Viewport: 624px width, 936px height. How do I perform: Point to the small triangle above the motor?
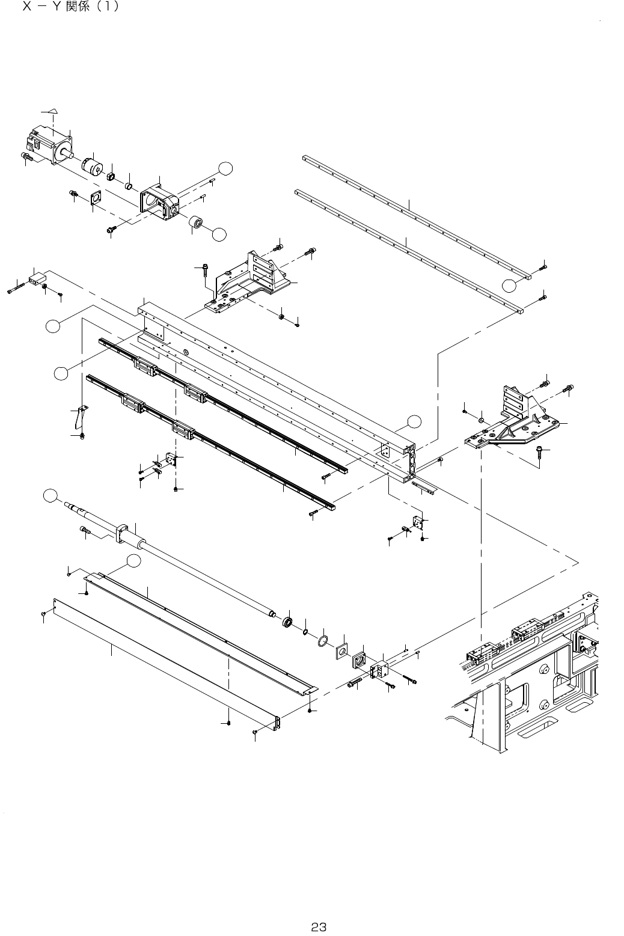(x=53, y=111)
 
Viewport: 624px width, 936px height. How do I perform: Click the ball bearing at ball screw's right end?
(x=288, y=621)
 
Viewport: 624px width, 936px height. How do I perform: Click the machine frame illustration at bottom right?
(x=529, y=673)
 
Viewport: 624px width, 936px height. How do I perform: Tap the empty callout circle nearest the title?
(x=225, y=170)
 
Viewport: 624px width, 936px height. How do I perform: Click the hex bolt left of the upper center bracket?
(x=204, y=272)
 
